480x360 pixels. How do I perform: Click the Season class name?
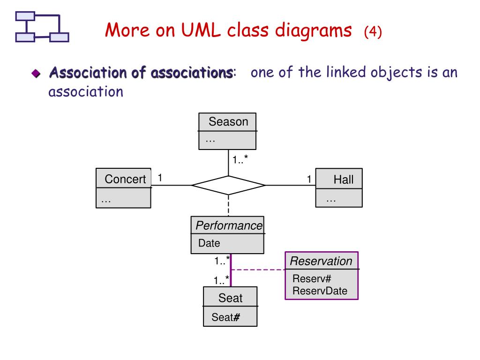pos(228,122)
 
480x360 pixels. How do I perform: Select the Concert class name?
pos(125,179)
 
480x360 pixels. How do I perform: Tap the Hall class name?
pos(344,180)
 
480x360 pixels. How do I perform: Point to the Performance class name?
pos(229,225)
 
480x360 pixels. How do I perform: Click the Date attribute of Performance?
pos(209,243)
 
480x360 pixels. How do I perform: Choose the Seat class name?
pos(231,298)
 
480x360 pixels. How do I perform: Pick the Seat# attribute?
pos(225,317)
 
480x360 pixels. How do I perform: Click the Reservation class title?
pos(321,261)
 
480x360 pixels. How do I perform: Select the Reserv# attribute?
pos(312,278)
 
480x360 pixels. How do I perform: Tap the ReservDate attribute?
pos(320,291)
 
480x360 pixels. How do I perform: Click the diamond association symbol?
pos(228,185)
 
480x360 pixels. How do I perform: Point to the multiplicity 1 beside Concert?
pos(160,178)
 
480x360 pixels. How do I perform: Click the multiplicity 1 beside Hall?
pos(309,179)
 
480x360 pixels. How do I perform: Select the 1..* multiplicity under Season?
pos(240,159)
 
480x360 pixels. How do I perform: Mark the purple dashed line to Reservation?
pos(258,270)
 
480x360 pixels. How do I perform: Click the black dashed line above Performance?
pos(228,206)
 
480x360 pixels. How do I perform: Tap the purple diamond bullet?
pos(36,74)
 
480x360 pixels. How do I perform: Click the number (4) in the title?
pos(373,31)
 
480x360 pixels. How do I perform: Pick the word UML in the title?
pos(201,30)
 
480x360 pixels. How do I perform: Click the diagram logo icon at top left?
pos(42,27)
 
